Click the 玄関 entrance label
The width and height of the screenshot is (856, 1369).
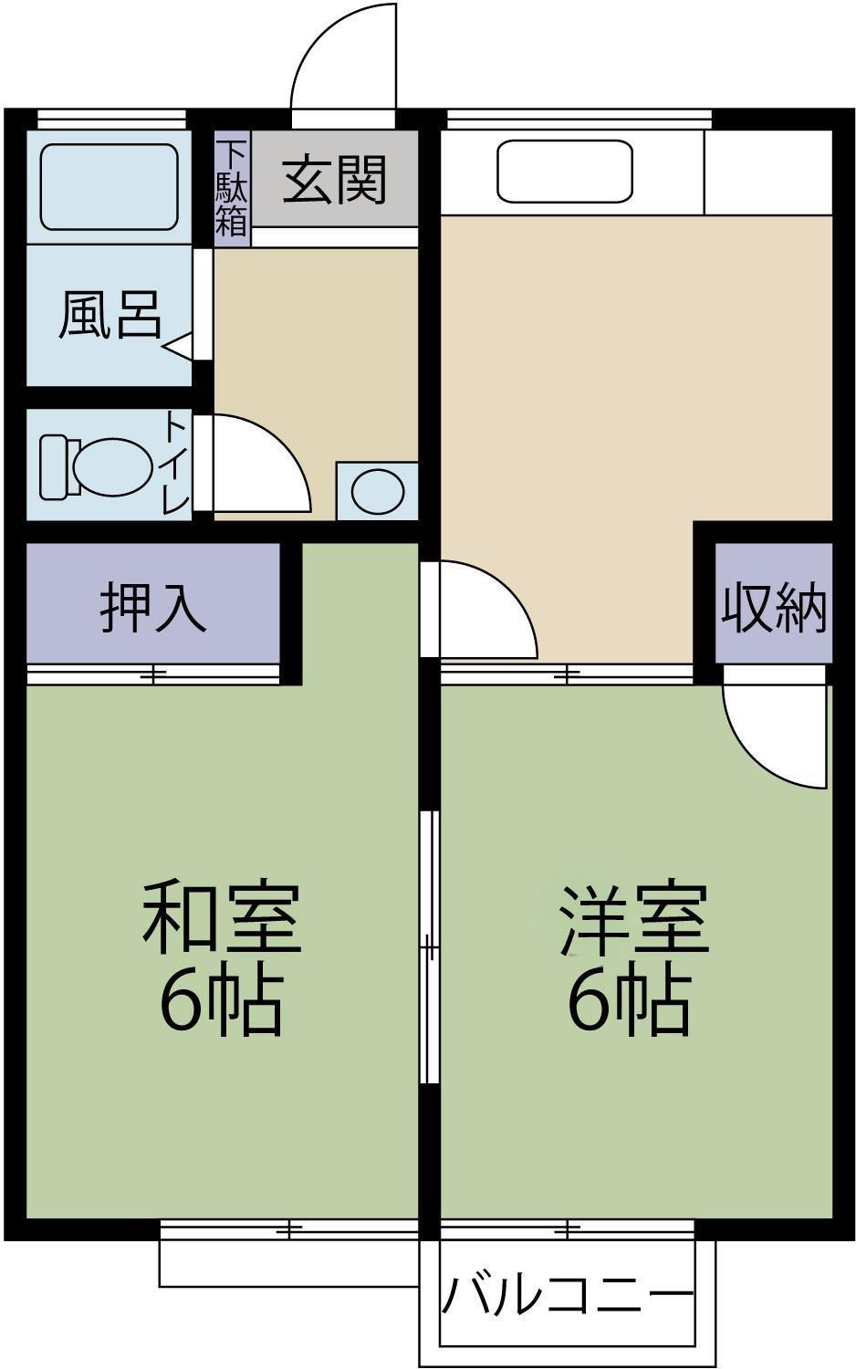[334, 180]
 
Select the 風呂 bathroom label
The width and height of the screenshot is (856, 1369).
[110, 316]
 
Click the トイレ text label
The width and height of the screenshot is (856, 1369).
[177, 464]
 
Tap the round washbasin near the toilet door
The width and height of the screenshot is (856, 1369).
[377, 491]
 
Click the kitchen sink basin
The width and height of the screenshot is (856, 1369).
[565, 171]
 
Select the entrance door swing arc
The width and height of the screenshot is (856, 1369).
[342, 55]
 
